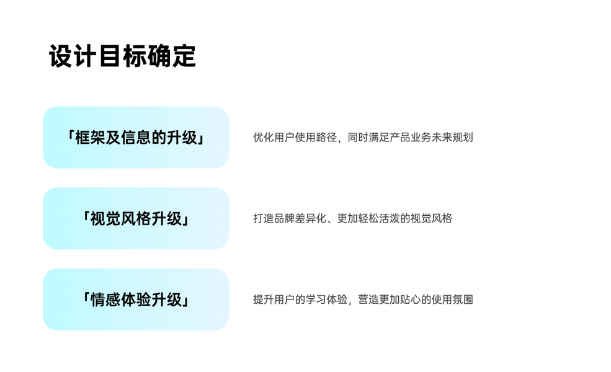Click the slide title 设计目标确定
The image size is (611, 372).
[x=122, y=56]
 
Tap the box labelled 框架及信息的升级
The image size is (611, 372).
[x=136, y=137]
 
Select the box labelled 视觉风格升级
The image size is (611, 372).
[x=136, y=218]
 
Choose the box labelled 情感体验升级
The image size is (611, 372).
[x=136, y=299]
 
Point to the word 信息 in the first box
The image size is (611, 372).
[x=136, y=137]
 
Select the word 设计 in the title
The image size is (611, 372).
[x=73, y=56]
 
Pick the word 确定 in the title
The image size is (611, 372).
[x=172, y=56]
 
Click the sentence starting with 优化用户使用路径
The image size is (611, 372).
[x=363, y=137]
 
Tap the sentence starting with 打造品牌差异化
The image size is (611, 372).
[x=352, y=218]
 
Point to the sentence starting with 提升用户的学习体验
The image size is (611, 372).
[x=363, y=299]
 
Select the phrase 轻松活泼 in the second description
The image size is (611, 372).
[x=379, y=218]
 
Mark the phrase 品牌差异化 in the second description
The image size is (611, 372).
[x=300, y=218]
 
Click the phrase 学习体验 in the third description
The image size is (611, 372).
[x=327, y=299]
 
